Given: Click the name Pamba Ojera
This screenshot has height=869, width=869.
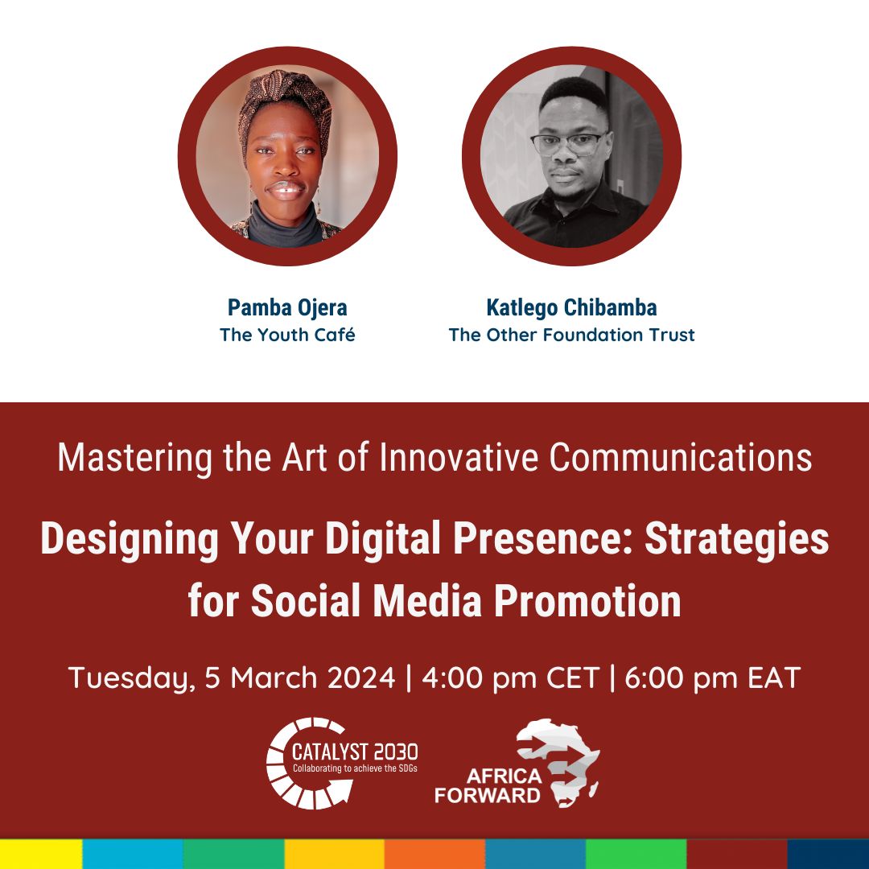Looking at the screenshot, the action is (287, 307).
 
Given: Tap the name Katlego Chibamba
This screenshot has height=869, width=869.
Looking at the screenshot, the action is (571, 307).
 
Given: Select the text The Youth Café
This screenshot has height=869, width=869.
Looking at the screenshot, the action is (287, 335).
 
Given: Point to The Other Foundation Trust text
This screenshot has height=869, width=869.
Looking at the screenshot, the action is (571, 335).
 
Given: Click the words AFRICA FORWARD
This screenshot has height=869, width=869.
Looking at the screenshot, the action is (488, 786).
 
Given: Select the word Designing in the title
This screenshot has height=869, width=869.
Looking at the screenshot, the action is (130, 539).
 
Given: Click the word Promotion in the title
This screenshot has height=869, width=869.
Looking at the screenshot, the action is (587, 601).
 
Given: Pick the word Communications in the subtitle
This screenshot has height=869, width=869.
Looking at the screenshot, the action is (681, 457).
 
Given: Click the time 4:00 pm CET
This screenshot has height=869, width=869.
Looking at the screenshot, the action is (510, 677).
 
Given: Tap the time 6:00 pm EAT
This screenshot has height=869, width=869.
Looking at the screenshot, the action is (713, 677).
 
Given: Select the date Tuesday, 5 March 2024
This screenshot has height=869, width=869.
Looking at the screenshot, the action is (232, 678).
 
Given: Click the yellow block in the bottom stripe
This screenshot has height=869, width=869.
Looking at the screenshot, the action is (41, 854).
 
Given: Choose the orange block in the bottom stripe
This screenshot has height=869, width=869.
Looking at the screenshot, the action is (434, 854).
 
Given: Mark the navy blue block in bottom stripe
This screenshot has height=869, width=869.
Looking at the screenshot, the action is (828, 854).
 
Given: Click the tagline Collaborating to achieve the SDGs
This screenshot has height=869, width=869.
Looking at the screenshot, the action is (355, 768).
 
